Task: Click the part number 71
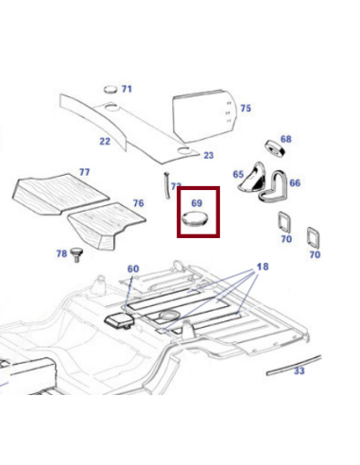point(127,90)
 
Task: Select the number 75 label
point(246,109)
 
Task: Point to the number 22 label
point(104,142)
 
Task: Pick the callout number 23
point(208,155)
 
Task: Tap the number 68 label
point(285,139)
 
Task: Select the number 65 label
point(238,175)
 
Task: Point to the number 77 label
point(84,172)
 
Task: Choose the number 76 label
point(138,203)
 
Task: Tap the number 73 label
point(176,187)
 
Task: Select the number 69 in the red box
point(197,202)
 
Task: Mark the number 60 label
point(133,269)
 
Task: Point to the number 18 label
point(262,267)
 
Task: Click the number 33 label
point(300,371)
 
